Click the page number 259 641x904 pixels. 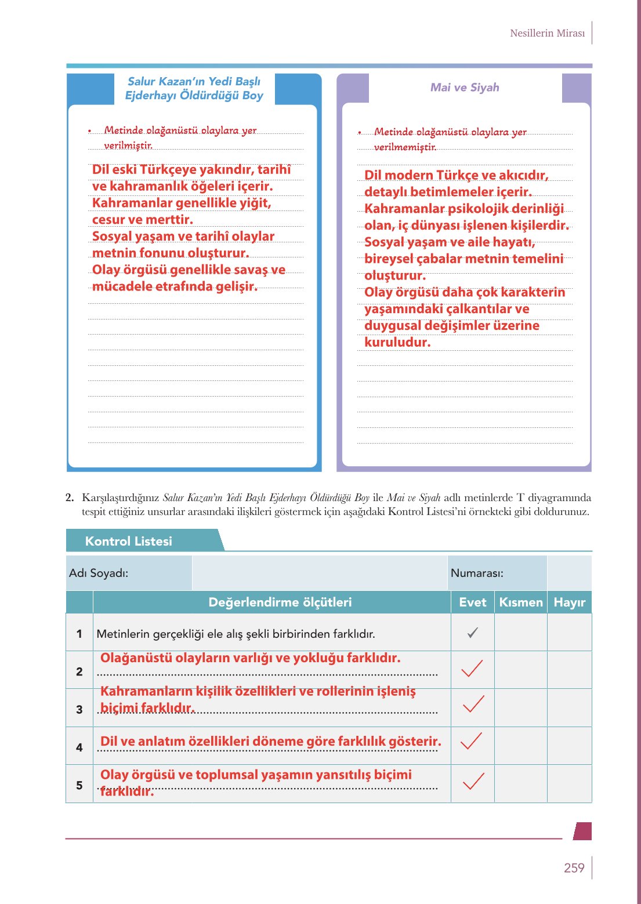pyautogui.click(x=574, y=868)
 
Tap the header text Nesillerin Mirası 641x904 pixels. pyautogui.click(x=547, y=33)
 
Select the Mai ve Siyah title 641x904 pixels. pyautogui.click(x=465, y=88)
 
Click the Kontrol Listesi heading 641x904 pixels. pyautogui.click(x=128, y=541)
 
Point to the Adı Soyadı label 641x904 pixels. pyautogui.click(x=99, y=573)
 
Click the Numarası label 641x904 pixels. pyautogui.click(x=477, y=573)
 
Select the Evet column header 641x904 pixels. pyautogui.click(x=472, y=602)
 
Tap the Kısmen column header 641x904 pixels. pyautogui.click(x=520, y=602)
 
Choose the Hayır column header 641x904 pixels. pyautogui.click(x=569, y=602)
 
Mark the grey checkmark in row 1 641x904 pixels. pyautogui.click(x=473, y=633)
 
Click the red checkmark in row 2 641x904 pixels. pyautogui.click(x=472, y=669)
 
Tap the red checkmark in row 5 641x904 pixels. pyautogui.click(x=473, y=782)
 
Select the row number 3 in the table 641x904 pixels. pyautogui.click(x=79, y=710)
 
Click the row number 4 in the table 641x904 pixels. pyautogui.click(x=79, y=747)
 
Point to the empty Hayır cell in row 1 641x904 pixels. pyautogui.click(x=569, y=633)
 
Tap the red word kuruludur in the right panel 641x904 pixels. pyautogui.click(x=397, y=343)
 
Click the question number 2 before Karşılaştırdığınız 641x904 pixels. pyautogui.click(x=70, y=498)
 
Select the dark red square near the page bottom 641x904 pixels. pyautogui.click(x=582, y=831)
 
